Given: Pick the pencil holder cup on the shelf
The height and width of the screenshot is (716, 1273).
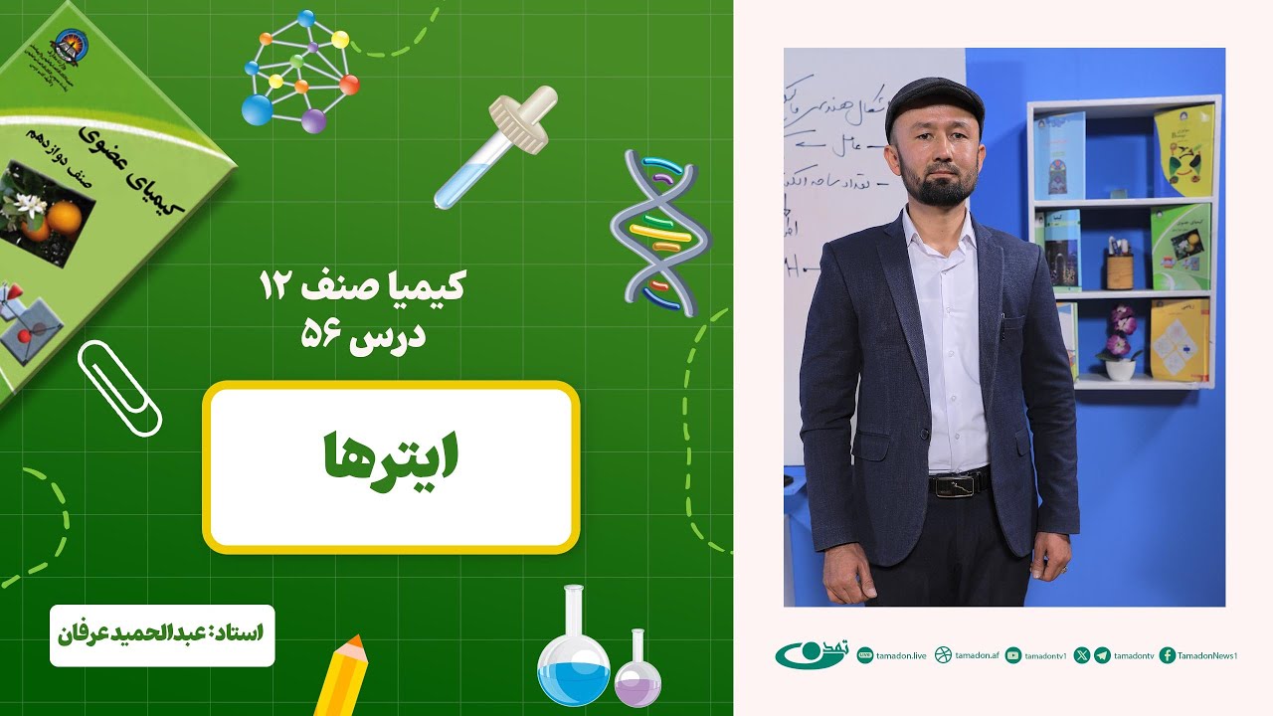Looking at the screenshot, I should tap(1119, 268).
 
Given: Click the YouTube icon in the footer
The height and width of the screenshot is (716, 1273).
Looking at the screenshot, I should tap(1012, 655).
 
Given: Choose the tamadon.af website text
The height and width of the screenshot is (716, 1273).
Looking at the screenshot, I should tap(976, 655).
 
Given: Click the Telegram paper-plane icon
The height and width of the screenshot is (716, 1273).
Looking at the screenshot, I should tap(1102, 655).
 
